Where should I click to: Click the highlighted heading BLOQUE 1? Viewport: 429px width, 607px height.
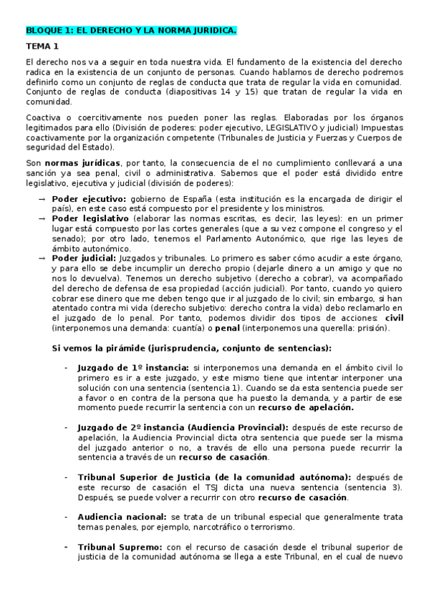pos(130,31)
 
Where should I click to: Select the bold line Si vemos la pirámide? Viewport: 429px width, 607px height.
pos(192,348)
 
